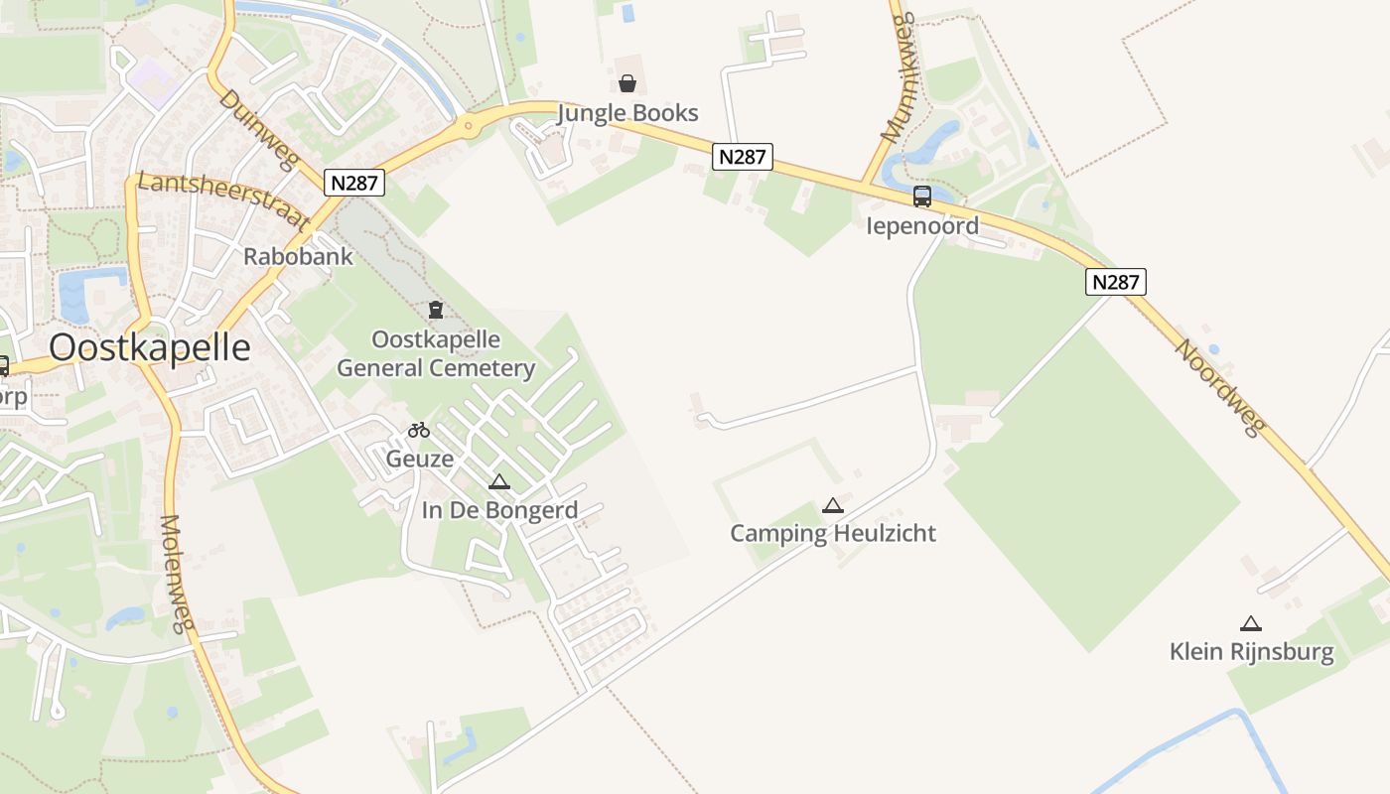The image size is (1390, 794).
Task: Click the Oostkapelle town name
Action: click(149, 347)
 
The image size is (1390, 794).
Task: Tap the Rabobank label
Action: click(298, 256)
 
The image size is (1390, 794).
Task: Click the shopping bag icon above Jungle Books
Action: click(627, 83)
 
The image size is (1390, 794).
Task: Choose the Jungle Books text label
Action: click(627, 113)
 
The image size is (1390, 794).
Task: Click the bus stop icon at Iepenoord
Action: click(922, 197)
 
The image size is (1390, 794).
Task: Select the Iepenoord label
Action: click(922, 225)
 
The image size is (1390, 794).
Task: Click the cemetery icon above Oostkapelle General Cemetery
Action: click(435, 310)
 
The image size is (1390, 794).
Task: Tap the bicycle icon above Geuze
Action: click(419, 430)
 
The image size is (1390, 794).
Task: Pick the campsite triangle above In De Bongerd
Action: click(499, 482)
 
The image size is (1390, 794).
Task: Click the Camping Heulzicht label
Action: click(833, 533)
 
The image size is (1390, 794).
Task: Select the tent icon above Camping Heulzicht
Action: click(833, 506)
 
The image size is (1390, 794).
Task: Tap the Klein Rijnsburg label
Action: click(1251, 652)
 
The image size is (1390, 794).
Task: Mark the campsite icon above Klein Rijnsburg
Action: click(1251, 624)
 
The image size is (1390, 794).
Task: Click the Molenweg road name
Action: click(176, 574)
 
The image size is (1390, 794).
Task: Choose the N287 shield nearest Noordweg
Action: click(1115, 282)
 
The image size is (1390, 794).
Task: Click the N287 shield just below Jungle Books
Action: click(743, 157)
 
